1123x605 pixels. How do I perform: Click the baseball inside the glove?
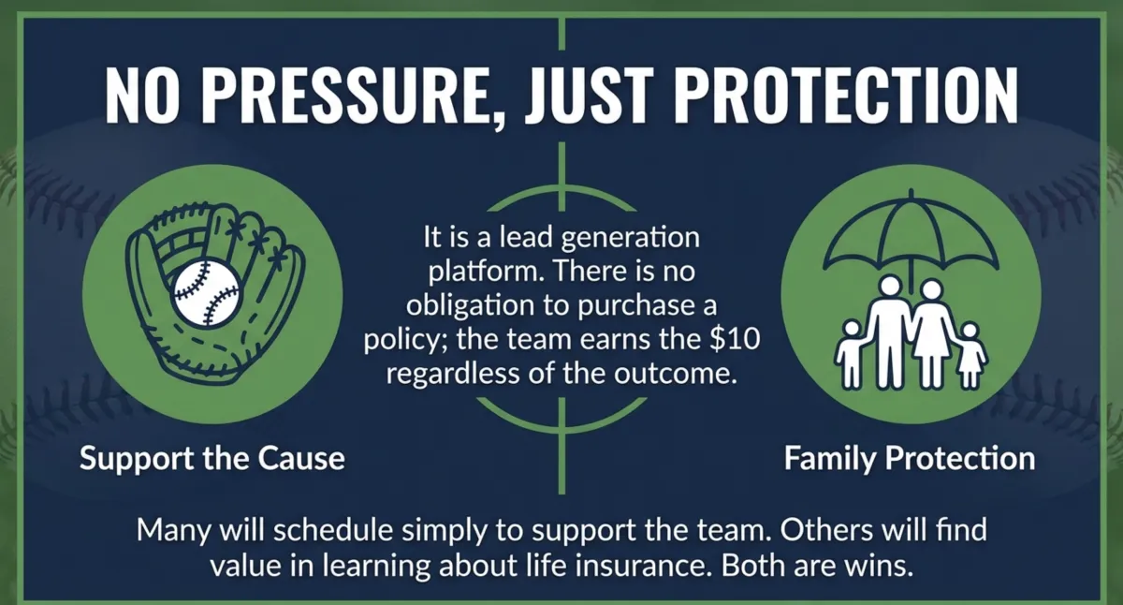point(207,294)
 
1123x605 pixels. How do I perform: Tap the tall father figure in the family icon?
point(890,332)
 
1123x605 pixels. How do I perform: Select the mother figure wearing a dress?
point(931,333)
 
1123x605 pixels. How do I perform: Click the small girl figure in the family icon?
point(970,356)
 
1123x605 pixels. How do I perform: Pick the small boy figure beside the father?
point(851,355)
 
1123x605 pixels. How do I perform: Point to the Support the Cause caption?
point(212,459)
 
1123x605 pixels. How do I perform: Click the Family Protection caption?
point(910,459)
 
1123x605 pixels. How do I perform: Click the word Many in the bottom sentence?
point(173,531)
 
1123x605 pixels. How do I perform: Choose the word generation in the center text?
point(630,237)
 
